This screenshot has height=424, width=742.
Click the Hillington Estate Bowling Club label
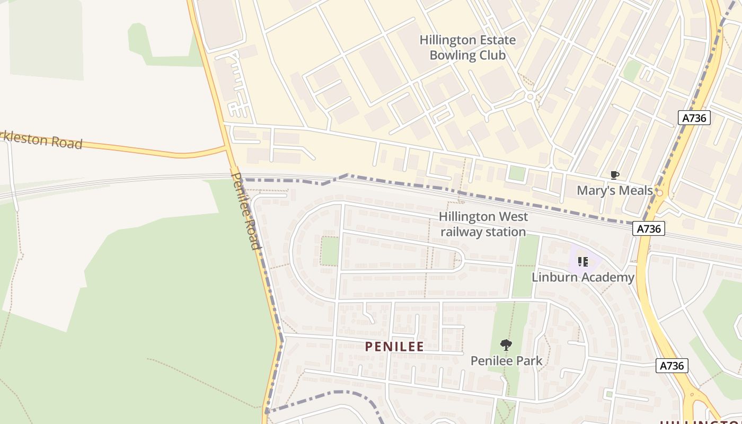coord(467,48)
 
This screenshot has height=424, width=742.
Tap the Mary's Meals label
coord(614,190)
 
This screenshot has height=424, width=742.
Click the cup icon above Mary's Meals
coord(614,175)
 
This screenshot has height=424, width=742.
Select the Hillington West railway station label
coord(483,224)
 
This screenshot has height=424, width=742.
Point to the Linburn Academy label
coord(582,277)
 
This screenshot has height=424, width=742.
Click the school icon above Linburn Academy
coord(582,261)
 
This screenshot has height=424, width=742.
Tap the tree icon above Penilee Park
coord(506,345)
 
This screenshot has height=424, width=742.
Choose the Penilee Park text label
coord(506,361)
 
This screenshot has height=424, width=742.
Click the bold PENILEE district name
coord(394,347)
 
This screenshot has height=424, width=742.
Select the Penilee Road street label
coord(246,210)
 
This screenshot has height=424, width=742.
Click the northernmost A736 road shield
coord(694,118)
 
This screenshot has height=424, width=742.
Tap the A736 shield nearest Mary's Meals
coord(649,228)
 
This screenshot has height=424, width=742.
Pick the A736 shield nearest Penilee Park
coord(672,365)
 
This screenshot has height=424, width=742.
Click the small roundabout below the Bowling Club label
coord(529,97)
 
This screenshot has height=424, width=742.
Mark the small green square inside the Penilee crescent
coord(330,251)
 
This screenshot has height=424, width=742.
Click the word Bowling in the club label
coord(453,55)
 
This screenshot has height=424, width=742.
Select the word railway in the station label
coord(461,232)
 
